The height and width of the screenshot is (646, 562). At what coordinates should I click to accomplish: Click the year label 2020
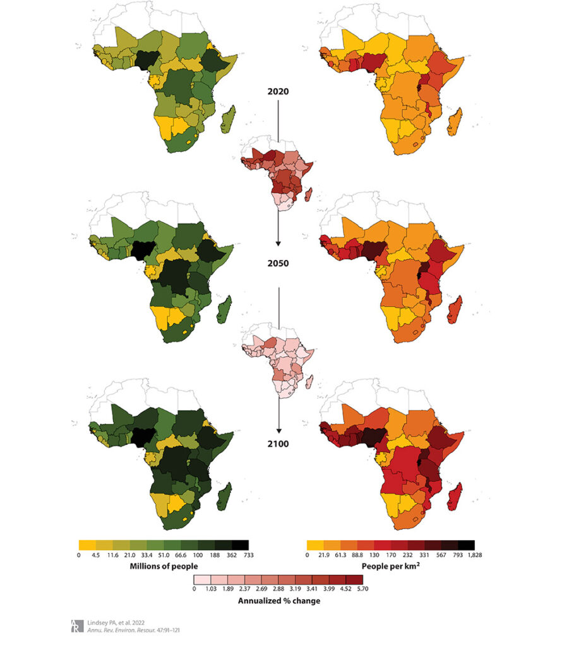coord(277,91)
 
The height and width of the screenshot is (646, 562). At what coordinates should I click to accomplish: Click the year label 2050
coord(277,263)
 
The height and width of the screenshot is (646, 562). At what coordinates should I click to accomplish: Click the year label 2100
coord(277,444)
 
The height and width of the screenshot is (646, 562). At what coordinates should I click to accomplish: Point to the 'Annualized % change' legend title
coord(278,601)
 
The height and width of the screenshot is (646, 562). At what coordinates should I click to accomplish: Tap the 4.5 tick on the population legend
coord(95,555)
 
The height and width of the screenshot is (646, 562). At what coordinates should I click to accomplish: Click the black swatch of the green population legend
coord(240,544)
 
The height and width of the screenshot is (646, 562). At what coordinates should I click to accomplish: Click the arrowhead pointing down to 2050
coord(278,242)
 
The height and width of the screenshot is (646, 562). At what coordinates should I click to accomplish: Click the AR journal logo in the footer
coord(76,625)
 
